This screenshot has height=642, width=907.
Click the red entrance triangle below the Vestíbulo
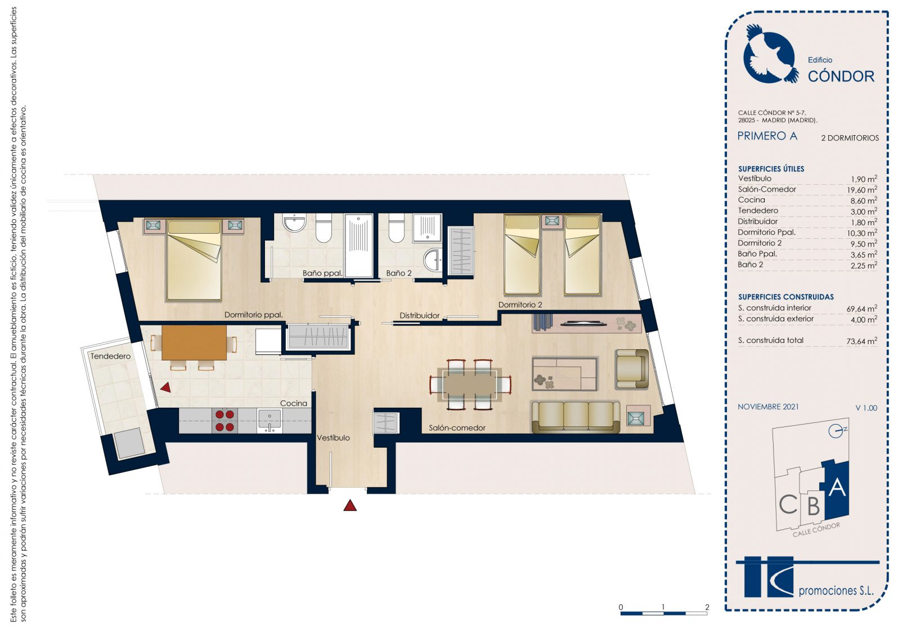(x=350, y=505)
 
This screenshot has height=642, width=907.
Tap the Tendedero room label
(x=110, y=356)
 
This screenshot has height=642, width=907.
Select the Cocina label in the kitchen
(x=294, y=403)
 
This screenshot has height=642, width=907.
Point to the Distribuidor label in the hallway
(x=420, y=315)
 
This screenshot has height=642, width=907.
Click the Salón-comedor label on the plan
(x=457, y=427)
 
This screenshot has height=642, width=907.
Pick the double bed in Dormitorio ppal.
(x=194, y=260)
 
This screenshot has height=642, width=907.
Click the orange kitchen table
(x=194, y=342)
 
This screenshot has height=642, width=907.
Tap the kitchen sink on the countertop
(x=270, y=420)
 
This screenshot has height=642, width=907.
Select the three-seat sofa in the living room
(x=576, y=417)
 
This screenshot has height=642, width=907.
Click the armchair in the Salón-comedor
(x=632, y=369)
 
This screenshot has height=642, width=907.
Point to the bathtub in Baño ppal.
(x=359, y=246)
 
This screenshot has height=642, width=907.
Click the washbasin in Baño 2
(x=433, y=260)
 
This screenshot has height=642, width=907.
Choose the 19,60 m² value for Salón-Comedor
(x=862, y=190)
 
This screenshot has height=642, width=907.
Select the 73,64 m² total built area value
(x=861, y=341)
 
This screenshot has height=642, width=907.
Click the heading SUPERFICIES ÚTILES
(x=771, y=169)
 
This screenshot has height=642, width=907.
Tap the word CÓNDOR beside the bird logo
(x=841, y=76)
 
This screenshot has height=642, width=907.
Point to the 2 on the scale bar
(x=707, y=607)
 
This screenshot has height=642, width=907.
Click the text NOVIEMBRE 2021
(x=768, y=407)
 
